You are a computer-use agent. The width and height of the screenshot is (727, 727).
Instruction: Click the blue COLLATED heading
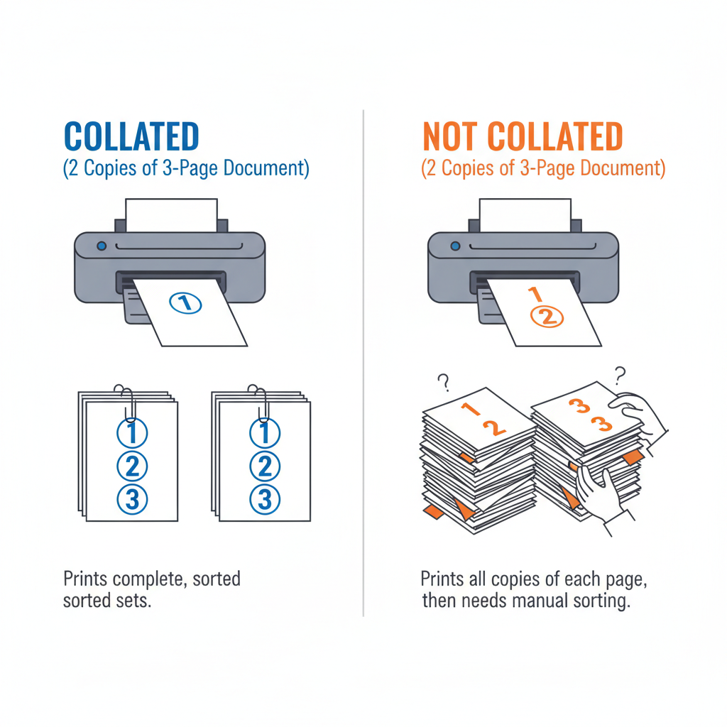(x=131, y=136)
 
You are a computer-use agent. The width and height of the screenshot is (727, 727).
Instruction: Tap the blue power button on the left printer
(x=101, y=246)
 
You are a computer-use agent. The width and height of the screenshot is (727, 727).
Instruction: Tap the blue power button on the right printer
(x=454, y=246)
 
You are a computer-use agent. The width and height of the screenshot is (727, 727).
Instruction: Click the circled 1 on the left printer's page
(x=186, y=303)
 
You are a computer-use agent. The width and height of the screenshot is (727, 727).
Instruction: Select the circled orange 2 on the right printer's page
(x=546, y=317)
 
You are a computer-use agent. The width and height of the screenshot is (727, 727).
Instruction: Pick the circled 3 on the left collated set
(x=131, y=500)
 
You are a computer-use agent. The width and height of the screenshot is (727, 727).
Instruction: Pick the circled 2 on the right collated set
(x=264, y=466)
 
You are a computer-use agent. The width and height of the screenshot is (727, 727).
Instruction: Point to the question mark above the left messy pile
(x=444, y=383)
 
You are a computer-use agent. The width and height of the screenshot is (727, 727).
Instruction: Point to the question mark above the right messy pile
(x=620, y=373)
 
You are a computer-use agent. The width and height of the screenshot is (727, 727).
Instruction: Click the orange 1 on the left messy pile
(x=467, y=409)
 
